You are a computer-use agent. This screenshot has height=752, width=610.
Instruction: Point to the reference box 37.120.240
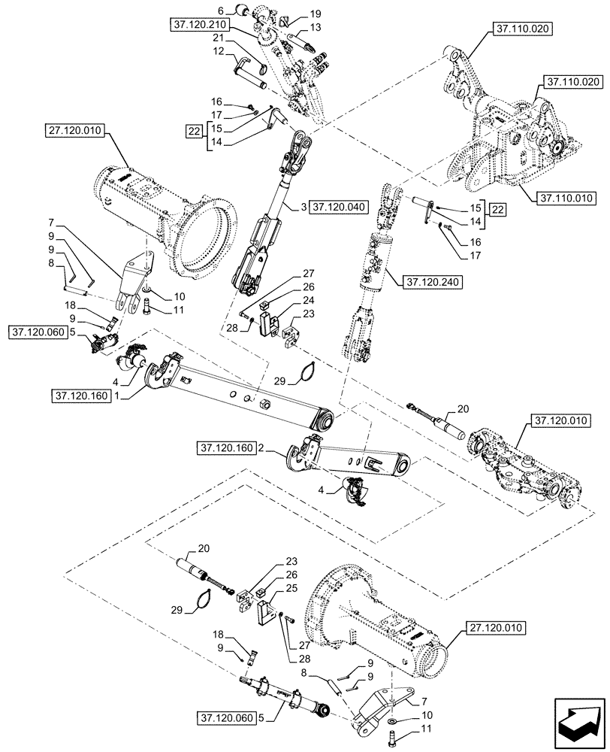point(424,283)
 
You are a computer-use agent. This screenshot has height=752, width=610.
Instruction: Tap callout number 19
point(315,14)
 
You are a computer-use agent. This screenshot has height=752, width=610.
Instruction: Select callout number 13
point(315,26)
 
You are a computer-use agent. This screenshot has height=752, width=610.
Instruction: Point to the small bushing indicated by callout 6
point(243,11)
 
